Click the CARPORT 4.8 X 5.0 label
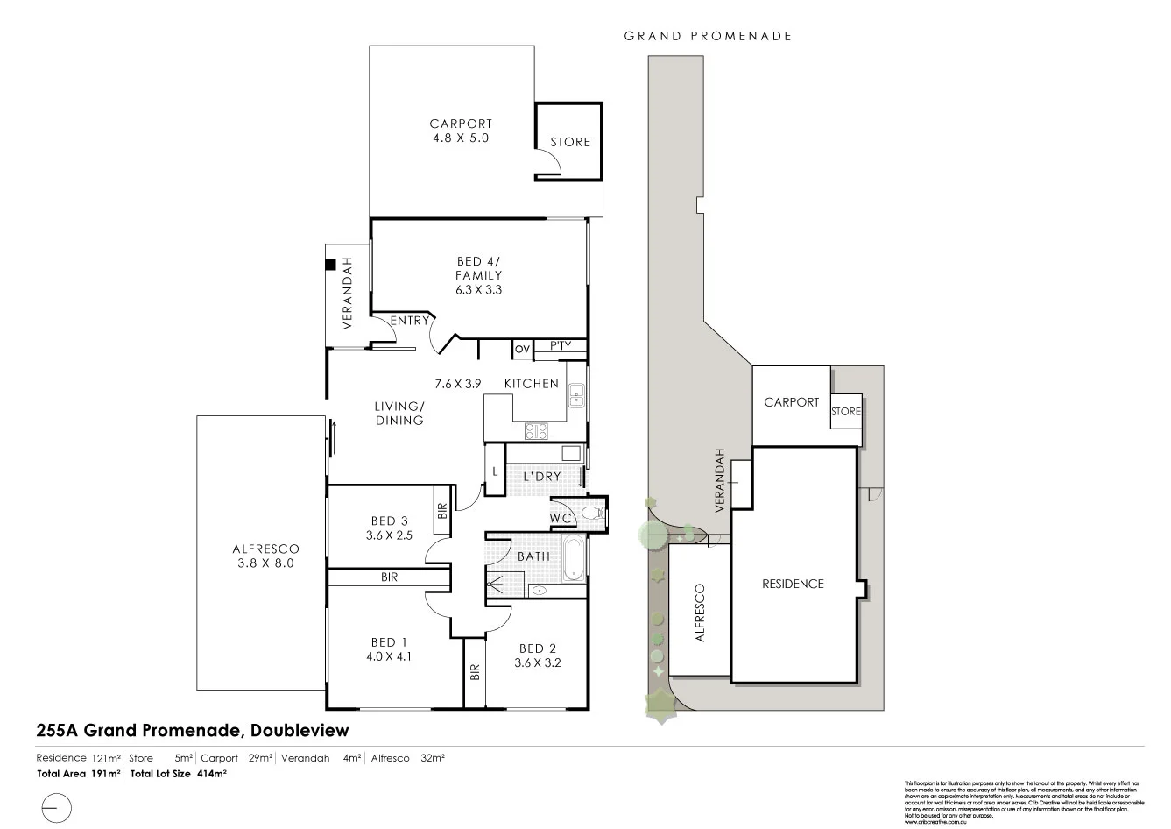point(461,131)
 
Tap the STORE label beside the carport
point(570,142)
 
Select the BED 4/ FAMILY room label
point(478,275)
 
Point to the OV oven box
point(522,349)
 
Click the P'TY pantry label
point(560,346)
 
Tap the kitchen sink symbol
point(576,396)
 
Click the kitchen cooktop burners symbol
point(536,430)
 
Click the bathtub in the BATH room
point(574,557)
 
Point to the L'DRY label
point(541,477)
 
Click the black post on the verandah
point(331,264)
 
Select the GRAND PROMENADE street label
point(708,36)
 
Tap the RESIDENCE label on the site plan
point(793,584)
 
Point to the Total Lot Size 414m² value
point(179,774)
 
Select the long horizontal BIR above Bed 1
point(389,577)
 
